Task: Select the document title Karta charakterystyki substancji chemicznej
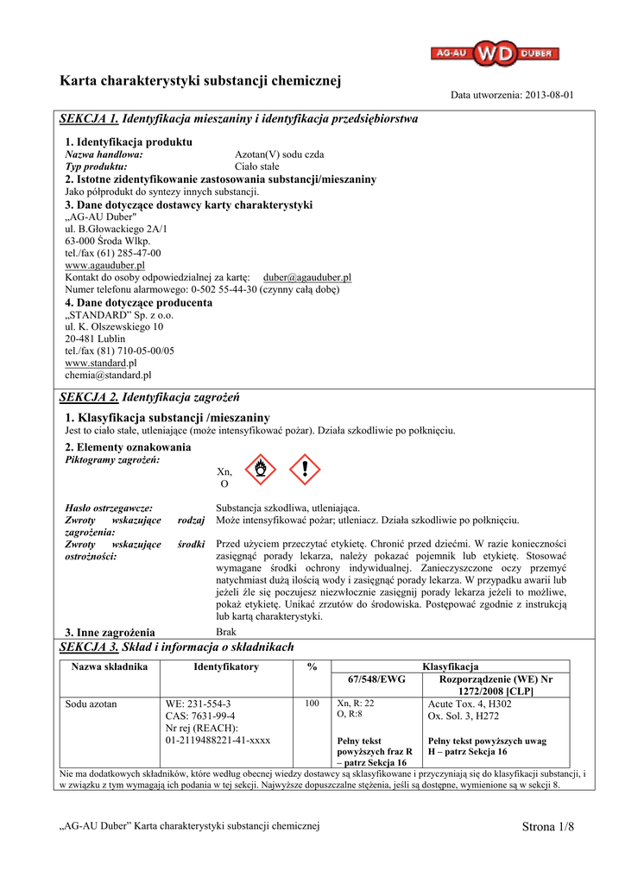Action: [200, 81]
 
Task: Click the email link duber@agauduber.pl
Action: [306, 277]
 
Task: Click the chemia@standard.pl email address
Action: [108, 375]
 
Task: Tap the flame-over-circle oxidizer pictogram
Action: [261, 470]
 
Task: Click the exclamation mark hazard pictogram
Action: [303, 470]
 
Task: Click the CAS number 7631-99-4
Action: [199, 716]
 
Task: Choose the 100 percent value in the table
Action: [312, 704]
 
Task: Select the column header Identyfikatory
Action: [226, 666]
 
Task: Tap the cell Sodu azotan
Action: [92, 704]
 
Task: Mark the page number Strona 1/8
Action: [548, 827]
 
